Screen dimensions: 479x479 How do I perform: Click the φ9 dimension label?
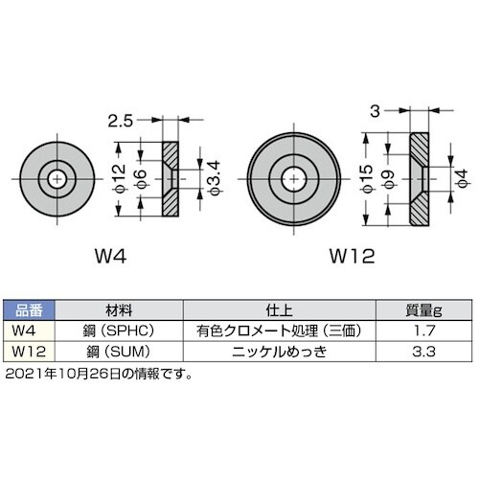(x=387, y=179)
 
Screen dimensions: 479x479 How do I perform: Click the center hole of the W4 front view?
(x=59, y=177)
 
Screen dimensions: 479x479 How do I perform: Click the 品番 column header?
(x=30, y=310)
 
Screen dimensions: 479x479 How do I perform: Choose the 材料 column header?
(x=116, y=310)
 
